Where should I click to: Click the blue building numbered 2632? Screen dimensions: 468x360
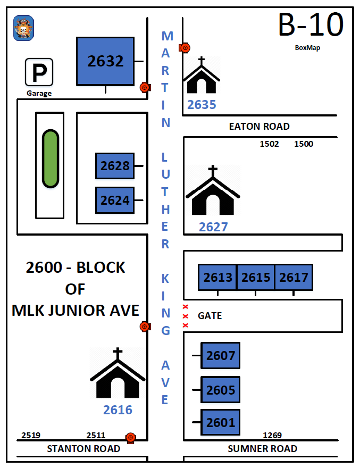[x=105, y=61]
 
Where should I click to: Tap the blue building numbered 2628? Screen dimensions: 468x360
[x=115, y=166]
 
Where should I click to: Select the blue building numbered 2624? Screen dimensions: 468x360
[x=115, y=200]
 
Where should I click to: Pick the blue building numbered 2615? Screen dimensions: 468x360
[x=256, y=277]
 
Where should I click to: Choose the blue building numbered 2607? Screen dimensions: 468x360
[x=221, y=355]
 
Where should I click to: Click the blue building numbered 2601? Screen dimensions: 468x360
[x=221, y=423]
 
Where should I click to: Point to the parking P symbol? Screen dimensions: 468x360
[x=39, y=72]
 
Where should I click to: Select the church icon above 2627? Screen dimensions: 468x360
[x=213, y=191]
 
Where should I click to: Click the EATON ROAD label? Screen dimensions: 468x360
[x=259, y=127]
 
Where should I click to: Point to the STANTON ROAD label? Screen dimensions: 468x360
[x=83, y=449]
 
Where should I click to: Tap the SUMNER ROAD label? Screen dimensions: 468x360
[x=262, y=449]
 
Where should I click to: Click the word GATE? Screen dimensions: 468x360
[x=210, y=316]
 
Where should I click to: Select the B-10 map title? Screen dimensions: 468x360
[x=311, y=25]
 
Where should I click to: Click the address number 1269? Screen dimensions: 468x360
[x=272, y=436]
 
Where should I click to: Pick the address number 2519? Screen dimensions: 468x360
[x=31, y=436]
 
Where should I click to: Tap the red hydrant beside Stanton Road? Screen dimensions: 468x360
[x=130, y=438]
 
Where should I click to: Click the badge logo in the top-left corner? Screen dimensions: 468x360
[x=23, y=28]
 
